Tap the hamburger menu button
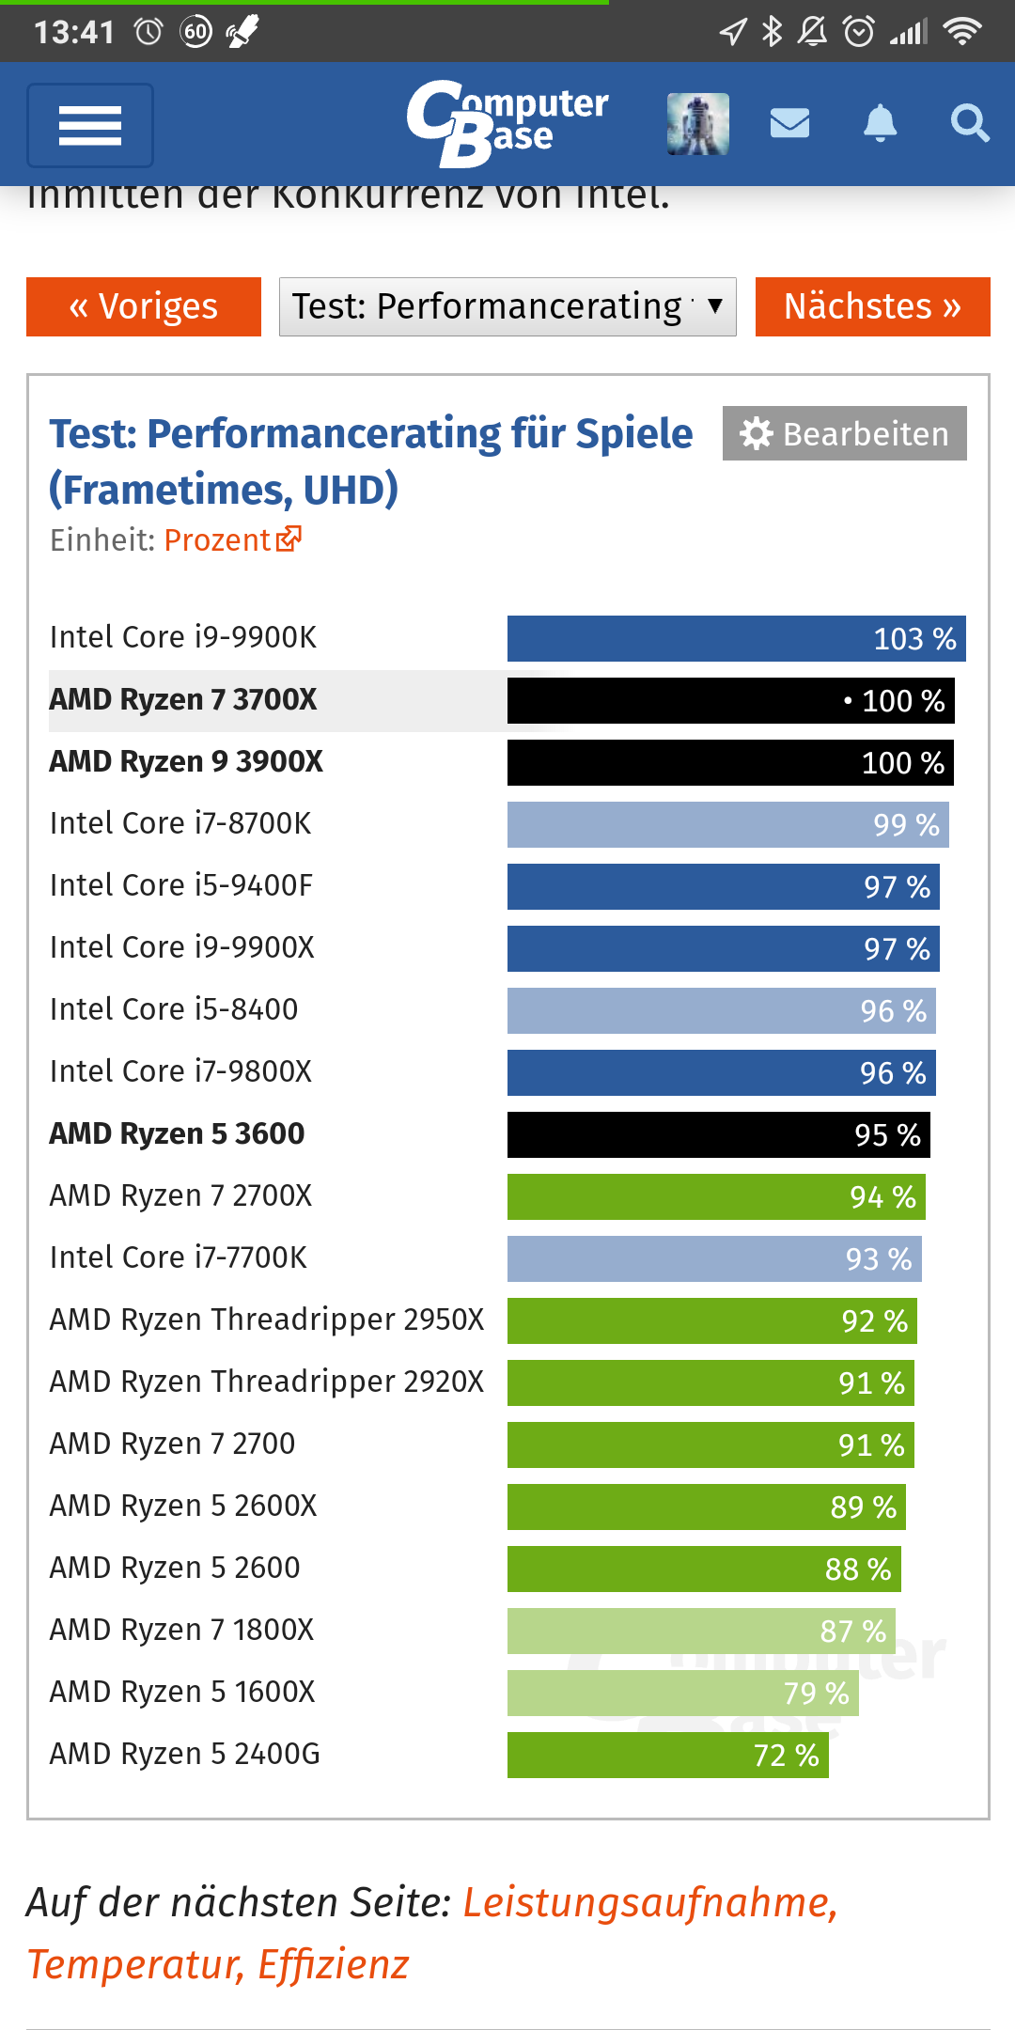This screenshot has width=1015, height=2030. (x=90, y=125)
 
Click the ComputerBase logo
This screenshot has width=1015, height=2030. (x=507, y=123)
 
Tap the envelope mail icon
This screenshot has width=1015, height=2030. (x=789, y=123)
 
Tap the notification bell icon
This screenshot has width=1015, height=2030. (x=880, y=123)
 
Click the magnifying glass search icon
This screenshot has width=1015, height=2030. (x=969, y=123)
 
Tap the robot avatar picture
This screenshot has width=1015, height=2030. (x=698, y=123)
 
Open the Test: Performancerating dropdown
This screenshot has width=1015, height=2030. (x=507, y=306)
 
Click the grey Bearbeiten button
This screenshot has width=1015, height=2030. (x=844, y=433)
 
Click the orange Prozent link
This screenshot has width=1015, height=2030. (x=232, y=539)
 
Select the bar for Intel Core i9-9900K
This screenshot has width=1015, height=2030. (x=736, y=638)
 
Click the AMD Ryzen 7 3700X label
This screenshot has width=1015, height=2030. (x=183, y=700)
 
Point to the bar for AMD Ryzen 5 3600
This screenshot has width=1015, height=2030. (x=718, y=1134)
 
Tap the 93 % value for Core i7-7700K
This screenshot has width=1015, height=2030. (x=879, y=1258)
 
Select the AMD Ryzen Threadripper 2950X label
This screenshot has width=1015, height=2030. (x=267, y=1319)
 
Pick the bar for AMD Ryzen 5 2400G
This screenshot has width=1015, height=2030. (x=667, y=1755)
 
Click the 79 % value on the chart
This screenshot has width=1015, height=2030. (x=816, y=1693)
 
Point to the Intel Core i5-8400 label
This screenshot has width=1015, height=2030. (x=174, y=1009)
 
